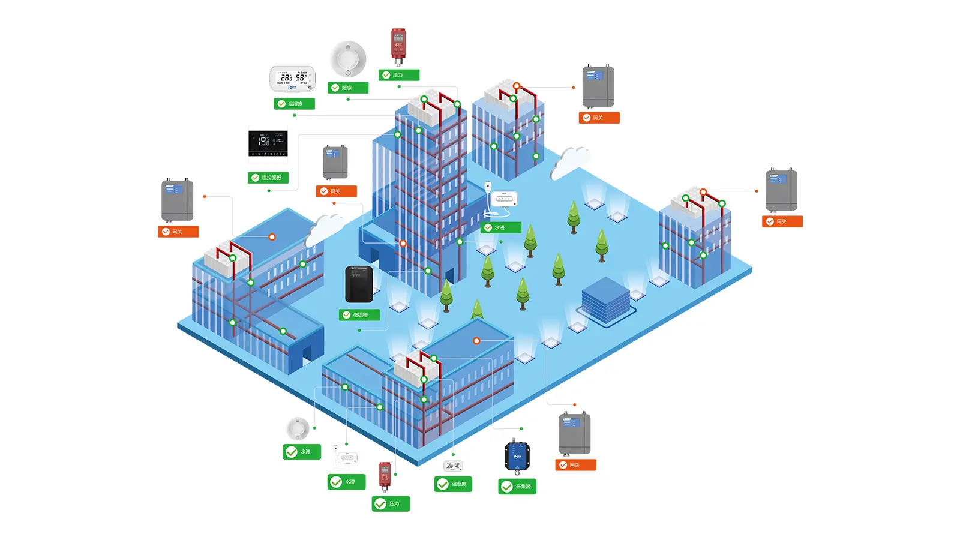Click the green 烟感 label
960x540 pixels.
click(348, 88)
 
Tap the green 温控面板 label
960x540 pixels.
click(268, 178)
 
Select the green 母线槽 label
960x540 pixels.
click(359, 315)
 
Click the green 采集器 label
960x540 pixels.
click(517, 486)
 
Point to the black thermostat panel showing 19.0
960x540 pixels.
click(268, 143)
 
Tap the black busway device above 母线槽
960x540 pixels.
click(359, 284)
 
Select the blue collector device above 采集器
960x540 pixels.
click(517, 457)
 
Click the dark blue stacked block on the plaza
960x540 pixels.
click(605, 299)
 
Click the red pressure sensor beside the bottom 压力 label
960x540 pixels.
click(385, 476)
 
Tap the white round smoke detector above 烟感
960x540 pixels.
click(348, 59)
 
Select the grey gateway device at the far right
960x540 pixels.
click(781, 190)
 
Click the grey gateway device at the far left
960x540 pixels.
click(177, 200)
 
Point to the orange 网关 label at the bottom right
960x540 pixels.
click(575, 465)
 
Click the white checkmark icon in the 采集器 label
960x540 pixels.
click(507, 487)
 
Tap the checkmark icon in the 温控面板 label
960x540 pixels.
click(256, 178)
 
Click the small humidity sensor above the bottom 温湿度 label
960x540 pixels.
click(452, 466)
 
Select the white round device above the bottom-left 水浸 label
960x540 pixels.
click(298, 428)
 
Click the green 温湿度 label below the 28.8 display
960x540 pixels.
click(294, 104)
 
